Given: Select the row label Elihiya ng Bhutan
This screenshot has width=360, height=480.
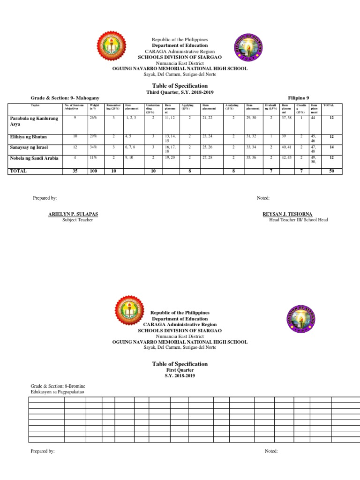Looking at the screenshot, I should click(x=29, y=137).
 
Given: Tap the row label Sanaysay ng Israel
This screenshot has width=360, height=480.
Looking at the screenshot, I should click(x=29, y=148).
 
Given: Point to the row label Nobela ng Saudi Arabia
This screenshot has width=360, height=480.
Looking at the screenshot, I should click(x=34, y=158).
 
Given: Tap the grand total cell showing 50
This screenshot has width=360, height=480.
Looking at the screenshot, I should click(x=331, y=171).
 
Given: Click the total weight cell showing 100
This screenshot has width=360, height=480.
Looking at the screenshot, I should click(x=94, y=171).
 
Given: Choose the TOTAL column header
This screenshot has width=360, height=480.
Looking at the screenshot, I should click(x=328, y=106).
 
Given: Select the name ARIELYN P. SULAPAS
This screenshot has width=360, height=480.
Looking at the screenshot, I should click(x=73, y=214).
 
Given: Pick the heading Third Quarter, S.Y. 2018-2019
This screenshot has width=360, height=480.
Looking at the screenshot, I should click(x=180, y=93).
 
